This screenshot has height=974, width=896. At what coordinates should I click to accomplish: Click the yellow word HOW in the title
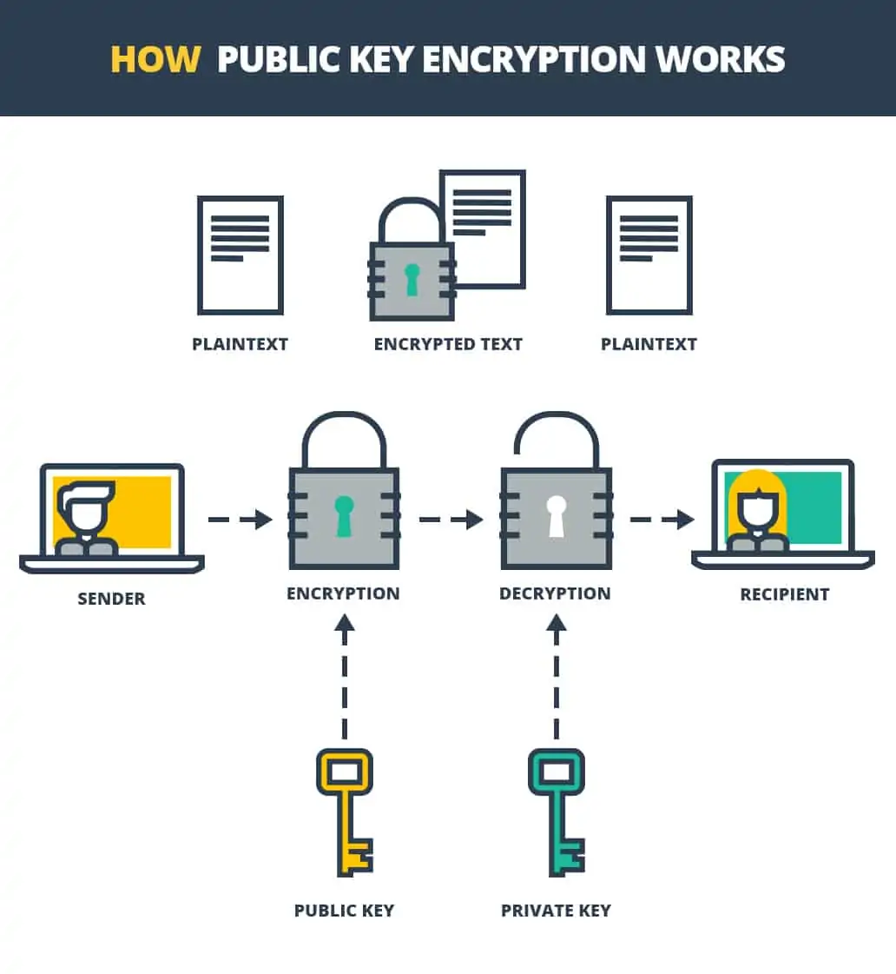pos(155,60)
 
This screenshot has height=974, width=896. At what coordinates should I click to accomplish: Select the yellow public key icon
pos(345,812)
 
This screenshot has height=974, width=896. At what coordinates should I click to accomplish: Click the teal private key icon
pos(557,812)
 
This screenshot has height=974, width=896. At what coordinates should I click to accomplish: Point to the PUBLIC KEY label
pos(345,911)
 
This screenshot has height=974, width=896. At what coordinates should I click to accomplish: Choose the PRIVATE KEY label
pos(556,911)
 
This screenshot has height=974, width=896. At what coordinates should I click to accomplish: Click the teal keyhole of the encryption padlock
pos(344,516)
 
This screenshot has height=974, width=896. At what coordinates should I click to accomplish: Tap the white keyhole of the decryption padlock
pos(556,516)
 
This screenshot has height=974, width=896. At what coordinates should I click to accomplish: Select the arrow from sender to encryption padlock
pos(240,519)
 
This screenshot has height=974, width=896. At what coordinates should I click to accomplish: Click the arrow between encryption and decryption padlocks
pos(451,519)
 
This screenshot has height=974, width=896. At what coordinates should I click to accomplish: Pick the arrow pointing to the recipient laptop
pos(662,519)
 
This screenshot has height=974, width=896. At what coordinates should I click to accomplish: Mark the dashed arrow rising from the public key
pos(345,677)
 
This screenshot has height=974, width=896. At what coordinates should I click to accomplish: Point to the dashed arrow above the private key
pos(557,677)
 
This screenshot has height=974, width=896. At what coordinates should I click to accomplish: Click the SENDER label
pos(112,599)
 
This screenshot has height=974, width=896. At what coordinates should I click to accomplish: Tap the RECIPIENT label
pos(785,594)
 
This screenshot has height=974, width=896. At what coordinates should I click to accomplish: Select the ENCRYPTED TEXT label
pos(448,344)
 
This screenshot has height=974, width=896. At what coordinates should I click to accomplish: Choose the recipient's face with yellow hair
pos(757,507)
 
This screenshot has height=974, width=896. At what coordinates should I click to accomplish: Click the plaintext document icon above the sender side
pos(240,255)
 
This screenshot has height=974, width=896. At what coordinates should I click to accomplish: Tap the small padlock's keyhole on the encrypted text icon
pos(412,279)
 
